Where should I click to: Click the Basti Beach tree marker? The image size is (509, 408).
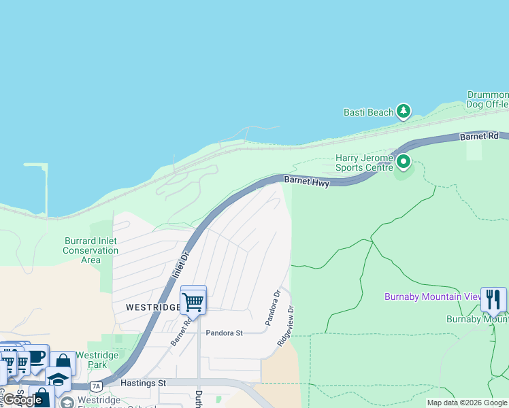click(404, 110)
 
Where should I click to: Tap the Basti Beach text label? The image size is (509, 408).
click(369, 112)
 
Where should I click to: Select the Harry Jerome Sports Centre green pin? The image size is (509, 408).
click(404, 162)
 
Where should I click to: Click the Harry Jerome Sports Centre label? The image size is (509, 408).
click(364, 163)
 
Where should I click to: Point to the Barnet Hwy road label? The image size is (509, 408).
click(307, 182)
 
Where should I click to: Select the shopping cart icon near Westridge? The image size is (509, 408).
click(193, 301)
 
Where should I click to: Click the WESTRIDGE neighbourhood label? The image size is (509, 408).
click(152, 307)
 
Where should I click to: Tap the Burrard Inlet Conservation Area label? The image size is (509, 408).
click(91, 250)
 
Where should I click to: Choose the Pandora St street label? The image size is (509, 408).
click(224, 333)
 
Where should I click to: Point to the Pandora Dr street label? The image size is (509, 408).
click(272, 307)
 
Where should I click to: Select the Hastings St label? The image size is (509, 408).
click(143, 384)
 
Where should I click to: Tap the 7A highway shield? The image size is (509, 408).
click(96, 386)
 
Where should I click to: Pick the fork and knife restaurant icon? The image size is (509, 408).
click(493, 299)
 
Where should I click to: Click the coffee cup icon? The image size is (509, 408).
click(36, 358)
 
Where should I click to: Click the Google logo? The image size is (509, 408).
click(22, 400)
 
